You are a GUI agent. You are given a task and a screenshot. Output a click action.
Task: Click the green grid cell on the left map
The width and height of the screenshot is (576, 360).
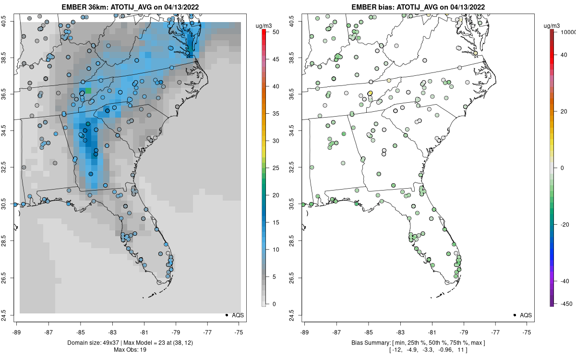pyautogui.click(x=88, y=91)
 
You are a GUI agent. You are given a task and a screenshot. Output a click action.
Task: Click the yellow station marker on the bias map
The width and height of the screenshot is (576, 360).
pyautogui.click(x=370, y=93)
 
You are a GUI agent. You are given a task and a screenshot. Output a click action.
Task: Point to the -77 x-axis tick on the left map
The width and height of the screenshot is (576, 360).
pyautogui.click(x=208, y=332)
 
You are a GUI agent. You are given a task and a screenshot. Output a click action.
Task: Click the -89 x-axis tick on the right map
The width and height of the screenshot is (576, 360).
pyautogui.click(x=305, y=332)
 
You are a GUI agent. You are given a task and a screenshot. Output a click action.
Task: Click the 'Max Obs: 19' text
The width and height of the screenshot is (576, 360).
pyautogui.click(x=130, y=349)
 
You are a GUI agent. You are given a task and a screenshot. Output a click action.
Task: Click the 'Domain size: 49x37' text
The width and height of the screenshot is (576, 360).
pyautogui.click(x=91, y=343)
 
